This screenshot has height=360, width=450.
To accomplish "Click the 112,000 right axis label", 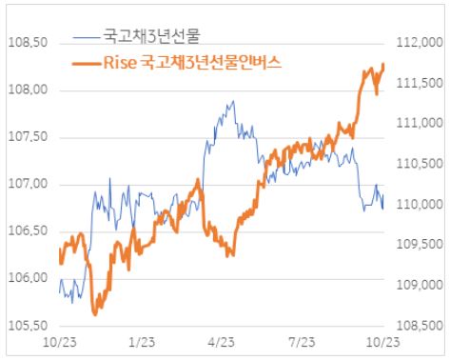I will [x=415, y=43].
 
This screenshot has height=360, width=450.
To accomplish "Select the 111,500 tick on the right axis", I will [x=415, y=83].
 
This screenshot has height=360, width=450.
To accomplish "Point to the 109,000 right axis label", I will [x=415, y=285].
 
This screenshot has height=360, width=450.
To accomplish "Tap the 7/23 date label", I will [x=302, y=340].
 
